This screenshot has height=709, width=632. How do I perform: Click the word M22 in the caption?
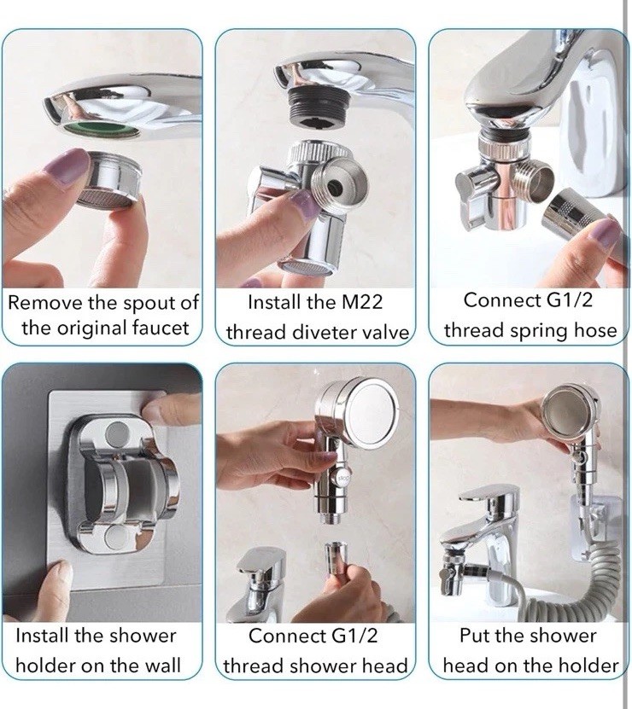(x=362, y=302)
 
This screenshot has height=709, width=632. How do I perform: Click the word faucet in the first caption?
(x=161, y=328)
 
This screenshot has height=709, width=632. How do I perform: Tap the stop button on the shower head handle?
(x=340, y=477)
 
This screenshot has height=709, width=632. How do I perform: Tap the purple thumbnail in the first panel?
(x=63, y=166)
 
